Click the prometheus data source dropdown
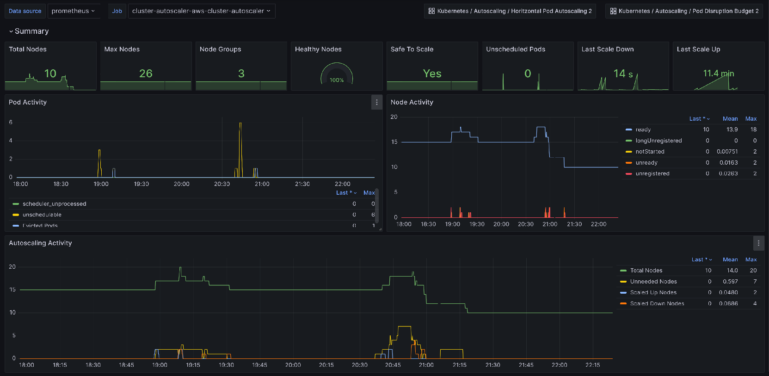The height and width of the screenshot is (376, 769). pyautogui.click(x=74, y=11)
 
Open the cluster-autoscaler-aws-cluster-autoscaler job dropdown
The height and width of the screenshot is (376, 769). pyautogui.click(x=201, y=11)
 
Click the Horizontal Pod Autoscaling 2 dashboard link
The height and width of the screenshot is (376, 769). pyautogui.click(x=510, y=11)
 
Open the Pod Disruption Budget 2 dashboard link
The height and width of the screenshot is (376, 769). pyautogui.click(x=684, y=11)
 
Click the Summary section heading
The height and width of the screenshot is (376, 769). pyautogui.click(x=31, y=31)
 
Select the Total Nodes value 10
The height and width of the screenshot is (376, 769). pyautogui.click(x=50, y=74)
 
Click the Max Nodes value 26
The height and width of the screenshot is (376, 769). pyautogui.click(x=146, y=74)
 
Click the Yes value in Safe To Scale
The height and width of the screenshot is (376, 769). pyautogui.click(x=432, y=74)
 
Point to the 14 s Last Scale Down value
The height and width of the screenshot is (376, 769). pyautogui.click(x=623, y=74)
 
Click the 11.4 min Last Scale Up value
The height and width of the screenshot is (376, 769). pyautogui.click(x=718, y=74)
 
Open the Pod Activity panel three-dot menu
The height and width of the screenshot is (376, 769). pyautogui.click(x=377, y=102)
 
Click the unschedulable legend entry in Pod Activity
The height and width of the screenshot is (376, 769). pyautogui.click(x=42, y=215)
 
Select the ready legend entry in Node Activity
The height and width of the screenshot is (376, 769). pyautogui.click(x=643, y=129)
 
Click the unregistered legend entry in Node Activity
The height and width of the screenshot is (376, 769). pyautogui.click(x=652, y=173)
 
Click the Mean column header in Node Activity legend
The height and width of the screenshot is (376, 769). pyautogui.click(x=730, y=119)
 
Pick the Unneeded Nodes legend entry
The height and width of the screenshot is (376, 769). pyautogui.click(x=653, y=281)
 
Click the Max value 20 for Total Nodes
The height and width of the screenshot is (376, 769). pyautogui.click(x=753, y=270)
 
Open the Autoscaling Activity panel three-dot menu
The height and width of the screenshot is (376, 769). pyautogui.click(x=758, y=243)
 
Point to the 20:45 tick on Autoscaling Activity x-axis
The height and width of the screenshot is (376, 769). pyautogui.click(x=393, y=365)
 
